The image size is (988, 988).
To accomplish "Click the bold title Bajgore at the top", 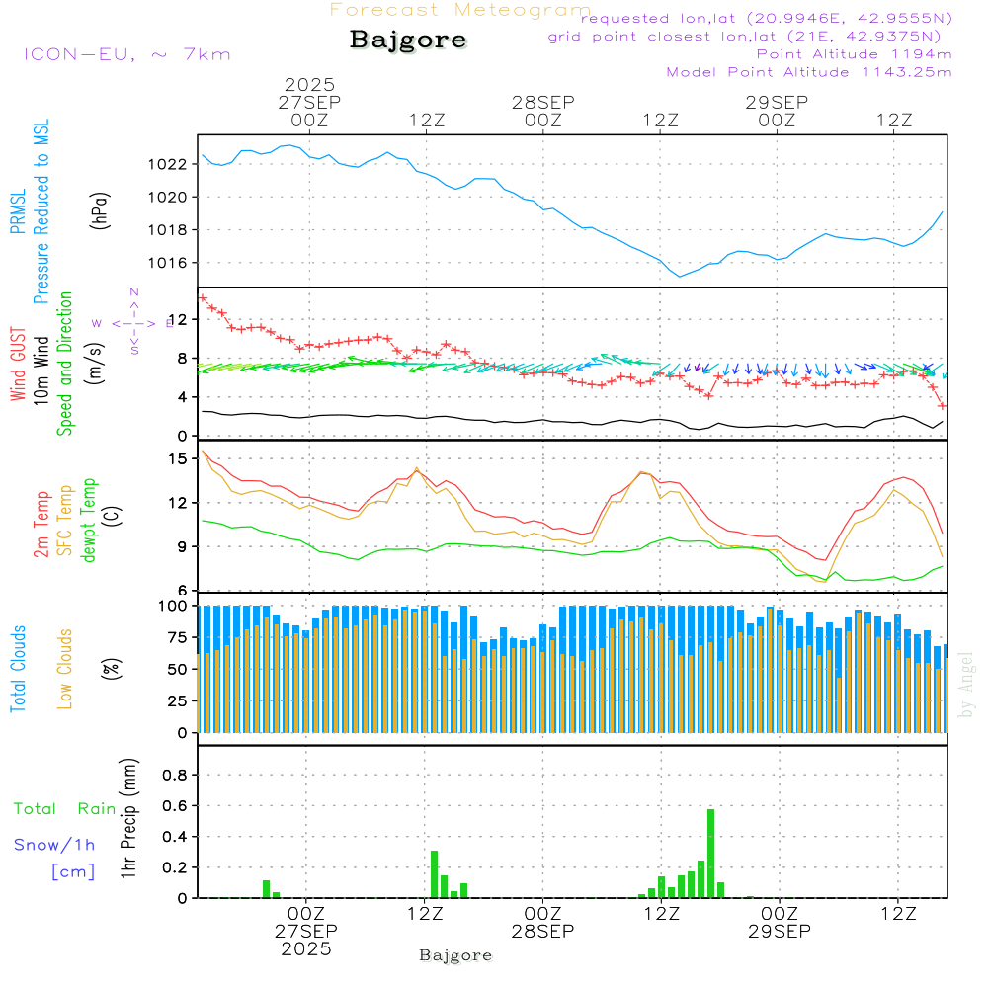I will pos(408,41).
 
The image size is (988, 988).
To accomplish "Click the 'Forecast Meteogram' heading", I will pos(460,10).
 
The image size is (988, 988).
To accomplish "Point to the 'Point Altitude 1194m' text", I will pos(854,54).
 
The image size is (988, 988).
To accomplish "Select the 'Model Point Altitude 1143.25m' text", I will pos(809,72).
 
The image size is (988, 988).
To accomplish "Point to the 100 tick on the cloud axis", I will pos(174,605).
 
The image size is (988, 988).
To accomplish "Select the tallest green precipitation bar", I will pos(711,854).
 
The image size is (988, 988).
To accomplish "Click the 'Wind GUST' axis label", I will pos(18,367).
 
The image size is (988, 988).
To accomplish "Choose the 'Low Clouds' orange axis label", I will pos(65,667).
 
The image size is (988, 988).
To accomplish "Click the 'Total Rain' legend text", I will pos(65,809).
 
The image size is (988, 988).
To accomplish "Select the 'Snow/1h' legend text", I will pos(54,845).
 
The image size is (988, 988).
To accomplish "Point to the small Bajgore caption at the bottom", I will pos(455,955).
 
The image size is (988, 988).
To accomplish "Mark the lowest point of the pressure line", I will pos(680,277).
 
